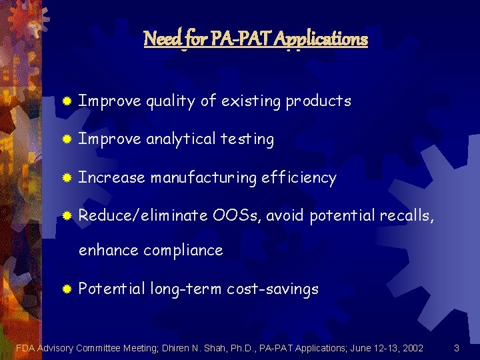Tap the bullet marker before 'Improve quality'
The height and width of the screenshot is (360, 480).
click(67, 101)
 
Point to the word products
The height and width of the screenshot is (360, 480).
click(318, 101)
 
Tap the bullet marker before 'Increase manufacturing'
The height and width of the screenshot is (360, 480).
click(67, 178)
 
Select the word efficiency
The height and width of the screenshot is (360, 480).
click(299, 178)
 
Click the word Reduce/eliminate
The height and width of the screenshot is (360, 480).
click(143, 216)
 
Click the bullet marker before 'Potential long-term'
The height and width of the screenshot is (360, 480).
click(67, 289)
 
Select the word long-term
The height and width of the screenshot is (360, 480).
click(186, 289)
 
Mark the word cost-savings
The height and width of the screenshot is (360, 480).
click(273, 289)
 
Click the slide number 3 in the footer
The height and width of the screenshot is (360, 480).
click(456, 347)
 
